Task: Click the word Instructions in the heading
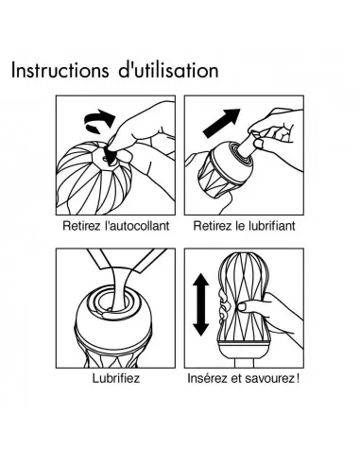(60, 71)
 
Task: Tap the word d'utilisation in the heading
(168, 71)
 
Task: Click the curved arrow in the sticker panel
(99, 120)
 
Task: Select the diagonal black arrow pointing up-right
(221, 123)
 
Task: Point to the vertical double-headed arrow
(201, 304)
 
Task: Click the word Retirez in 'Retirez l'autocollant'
(81, 226)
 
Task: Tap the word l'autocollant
(137, 226)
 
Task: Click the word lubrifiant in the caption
(271, 226)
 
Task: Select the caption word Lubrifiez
(116, 378)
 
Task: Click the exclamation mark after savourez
(298, 378)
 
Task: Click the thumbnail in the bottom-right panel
(243, 306)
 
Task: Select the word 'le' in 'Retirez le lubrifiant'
(241, 226)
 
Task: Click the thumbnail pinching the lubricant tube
(259, 144)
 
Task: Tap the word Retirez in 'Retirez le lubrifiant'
(213, 226)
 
